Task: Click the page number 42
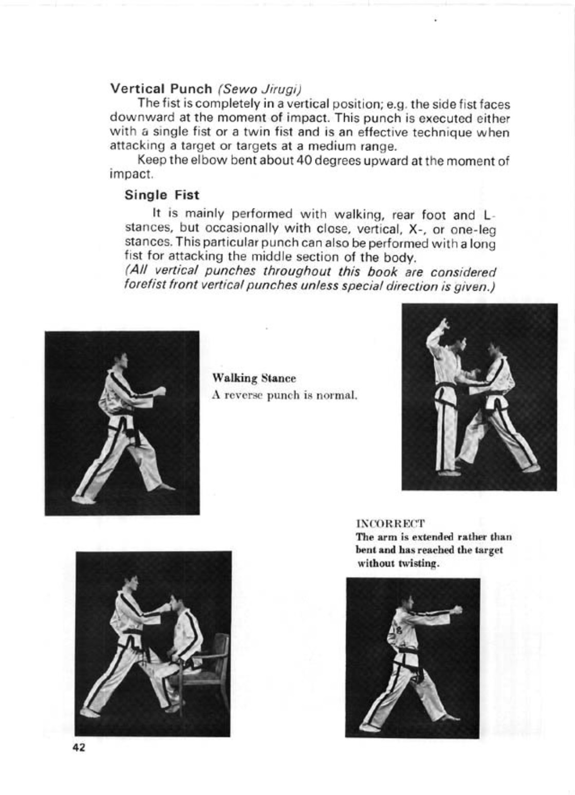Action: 79,748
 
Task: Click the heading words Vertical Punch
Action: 161,88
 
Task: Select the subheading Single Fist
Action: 161,195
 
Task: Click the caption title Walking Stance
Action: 254,378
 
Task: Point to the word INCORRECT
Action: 391,524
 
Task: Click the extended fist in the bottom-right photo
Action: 456,611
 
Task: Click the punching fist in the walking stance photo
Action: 161,391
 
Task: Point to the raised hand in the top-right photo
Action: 443,326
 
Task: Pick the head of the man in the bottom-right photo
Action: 407,601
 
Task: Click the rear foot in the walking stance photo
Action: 82,499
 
